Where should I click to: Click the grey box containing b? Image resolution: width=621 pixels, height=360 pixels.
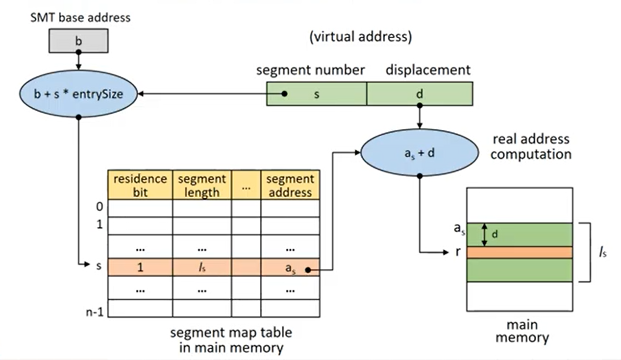78,41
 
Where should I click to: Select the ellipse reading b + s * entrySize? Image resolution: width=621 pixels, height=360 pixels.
78,94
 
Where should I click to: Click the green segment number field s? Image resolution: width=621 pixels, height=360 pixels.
317,94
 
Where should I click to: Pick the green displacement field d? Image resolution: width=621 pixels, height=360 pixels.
420,94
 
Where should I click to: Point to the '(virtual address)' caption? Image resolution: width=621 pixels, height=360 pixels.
360,37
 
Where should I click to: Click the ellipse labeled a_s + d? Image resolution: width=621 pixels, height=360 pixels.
419,153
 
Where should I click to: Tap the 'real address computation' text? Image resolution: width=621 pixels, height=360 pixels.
531,146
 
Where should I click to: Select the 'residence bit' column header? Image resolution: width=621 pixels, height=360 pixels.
140,185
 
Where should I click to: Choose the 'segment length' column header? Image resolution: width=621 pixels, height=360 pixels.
201,185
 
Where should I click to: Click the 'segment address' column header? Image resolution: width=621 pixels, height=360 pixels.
290,185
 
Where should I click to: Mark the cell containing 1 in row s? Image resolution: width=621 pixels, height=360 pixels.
140,267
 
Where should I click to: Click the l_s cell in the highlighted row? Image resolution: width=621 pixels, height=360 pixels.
201,267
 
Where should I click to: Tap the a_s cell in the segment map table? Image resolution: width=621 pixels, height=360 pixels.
290,267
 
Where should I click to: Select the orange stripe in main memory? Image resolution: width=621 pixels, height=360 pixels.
520,252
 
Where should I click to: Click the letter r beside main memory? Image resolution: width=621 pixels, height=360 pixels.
458,253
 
